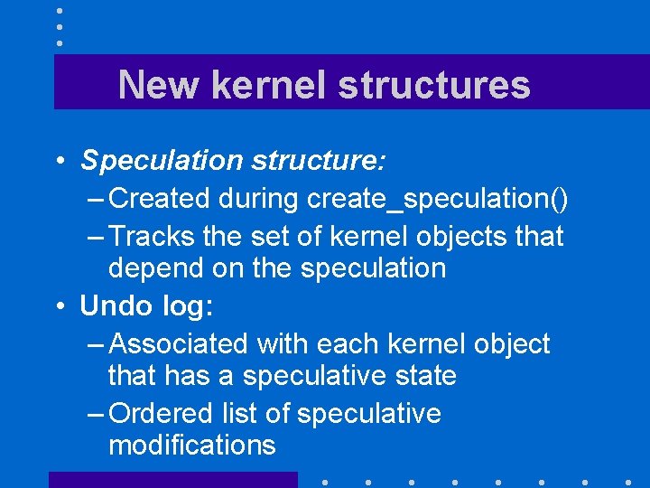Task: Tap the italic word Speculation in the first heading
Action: coord(161,161)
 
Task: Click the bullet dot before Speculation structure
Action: coord(57,162)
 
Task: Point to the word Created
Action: coord(159,198)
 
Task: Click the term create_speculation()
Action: coord(443,199)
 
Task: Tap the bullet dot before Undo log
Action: coord(57,306)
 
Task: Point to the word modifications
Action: coord(191,445)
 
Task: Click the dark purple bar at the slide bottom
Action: coord(172,479)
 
